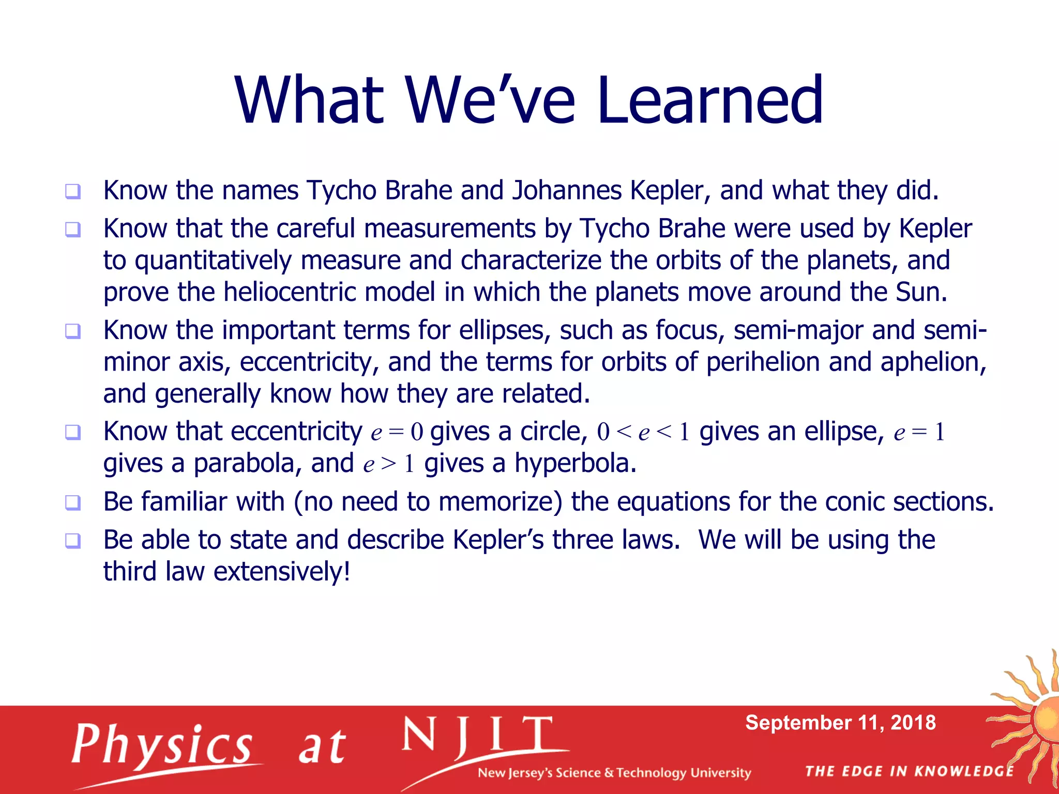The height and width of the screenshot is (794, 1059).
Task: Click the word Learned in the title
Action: tap(709, 100)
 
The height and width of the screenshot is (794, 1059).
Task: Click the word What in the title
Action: tap(309, 100)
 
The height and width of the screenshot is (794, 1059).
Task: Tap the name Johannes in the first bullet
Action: tap(567, 191)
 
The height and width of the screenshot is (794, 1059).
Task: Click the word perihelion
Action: tap(763, 362)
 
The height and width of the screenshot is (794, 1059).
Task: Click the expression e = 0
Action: tap(397, 432)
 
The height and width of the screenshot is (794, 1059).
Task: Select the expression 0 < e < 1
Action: tap(643, 432)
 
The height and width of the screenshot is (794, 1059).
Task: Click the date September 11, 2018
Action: tap(840, 723)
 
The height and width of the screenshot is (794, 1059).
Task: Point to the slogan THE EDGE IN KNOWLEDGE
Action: tap(909, 772)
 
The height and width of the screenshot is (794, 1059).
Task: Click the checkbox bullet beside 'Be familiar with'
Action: tap(73, 502)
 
